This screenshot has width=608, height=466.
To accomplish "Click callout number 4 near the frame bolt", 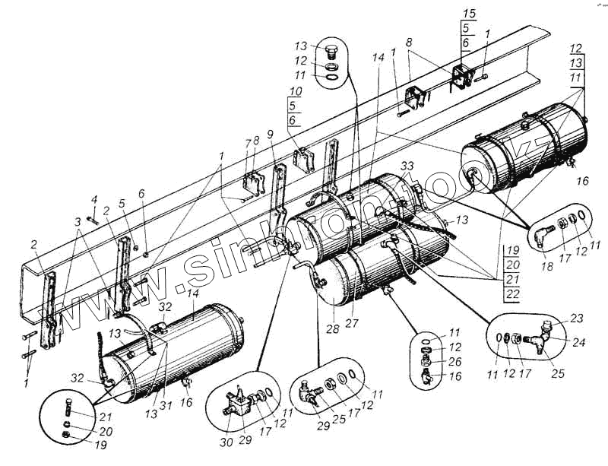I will pyautogui.click(x=93, y=199).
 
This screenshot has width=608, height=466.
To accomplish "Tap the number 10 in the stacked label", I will pyautogui.click(x=293, y=91).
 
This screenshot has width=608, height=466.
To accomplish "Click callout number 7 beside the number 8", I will pyautogui.click(x=248, y=144).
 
